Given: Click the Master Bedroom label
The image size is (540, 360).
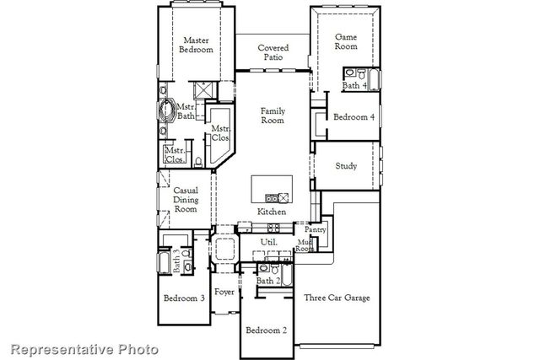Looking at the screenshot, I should tap(197, 45).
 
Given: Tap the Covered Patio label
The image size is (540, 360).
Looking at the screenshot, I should tap(273, 53).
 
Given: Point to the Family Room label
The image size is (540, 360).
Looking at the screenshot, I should tap(273, 116).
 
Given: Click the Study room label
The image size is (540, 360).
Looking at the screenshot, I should tap(347, 166).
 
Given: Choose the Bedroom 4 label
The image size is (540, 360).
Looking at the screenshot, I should tap(354, 117).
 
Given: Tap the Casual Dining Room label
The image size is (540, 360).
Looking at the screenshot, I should tap(186, 200).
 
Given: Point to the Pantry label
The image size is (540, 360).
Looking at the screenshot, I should tap(315, 229).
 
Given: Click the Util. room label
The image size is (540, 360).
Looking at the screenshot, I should tap(269, 242).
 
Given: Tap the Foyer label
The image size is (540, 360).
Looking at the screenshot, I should tap(224, 292).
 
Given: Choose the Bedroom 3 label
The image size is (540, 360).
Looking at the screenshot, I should tap(184, 298).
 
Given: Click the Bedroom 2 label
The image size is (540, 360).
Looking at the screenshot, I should tap(266, 330).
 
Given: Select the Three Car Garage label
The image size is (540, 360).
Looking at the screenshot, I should tap(337, 298).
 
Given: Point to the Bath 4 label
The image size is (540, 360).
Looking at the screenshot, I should tap(354, 85).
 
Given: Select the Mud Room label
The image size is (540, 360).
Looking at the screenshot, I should tap(305, 245).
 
